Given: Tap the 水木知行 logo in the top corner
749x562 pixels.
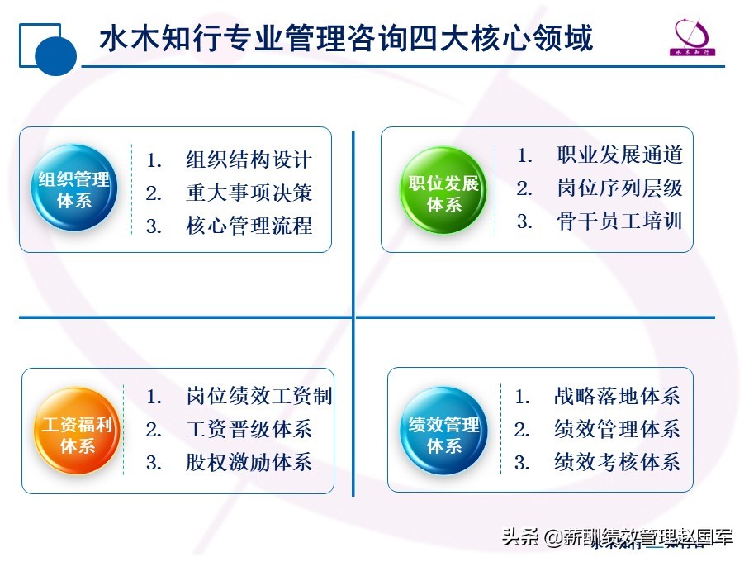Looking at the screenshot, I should (x=694, y=36).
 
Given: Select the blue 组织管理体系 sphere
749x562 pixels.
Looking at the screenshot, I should (x=74, y=189).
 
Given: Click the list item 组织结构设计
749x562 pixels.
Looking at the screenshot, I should (x=249, y=160).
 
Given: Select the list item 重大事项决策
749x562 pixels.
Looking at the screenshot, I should (x=249, y=193).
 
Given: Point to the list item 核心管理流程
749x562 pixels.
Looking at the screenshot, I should (x=249, y=226).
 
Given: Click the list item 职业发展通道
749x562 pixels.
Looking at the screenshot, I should (x=619, y=155).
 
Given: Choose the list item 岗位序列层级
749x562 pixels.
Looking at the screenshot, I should (x=619, y=188).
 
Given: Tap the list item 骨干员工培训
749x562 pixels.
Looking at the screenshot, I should (x=619, y=221).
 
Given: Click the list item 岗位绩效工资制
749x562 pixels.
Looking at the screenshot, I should (x=258, y=396).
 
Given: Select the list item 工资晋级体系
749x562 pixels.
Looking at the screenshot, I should (x=249, y=429).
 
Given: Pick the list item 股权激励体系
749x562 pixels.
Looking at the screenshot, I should (x=249, y=462).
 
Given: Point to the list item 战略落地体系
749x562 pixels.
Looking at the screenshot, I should (x=617, y=396).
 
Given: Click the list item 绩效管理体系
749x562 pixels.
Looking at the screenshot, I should (x=617, y=429).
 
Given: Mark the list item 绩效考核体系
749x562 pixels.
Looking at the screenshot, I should (x=617, y=462).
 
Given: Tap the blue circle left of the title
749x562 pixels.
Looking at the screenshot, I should (x=56, y=55).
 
